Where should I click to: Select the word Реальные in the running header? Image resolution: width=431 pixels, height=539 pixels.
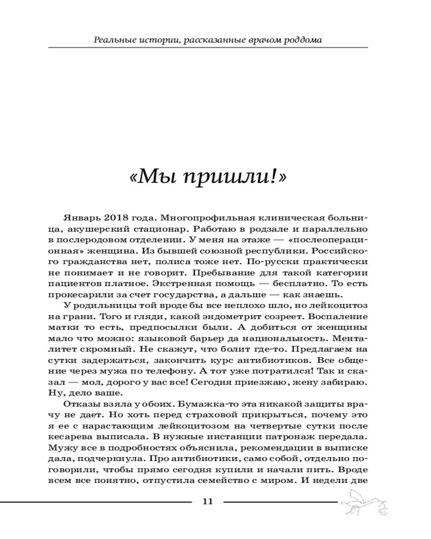(112, 39)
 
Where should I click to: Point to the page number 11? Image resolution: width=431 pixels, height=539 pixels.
(208, 502)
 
